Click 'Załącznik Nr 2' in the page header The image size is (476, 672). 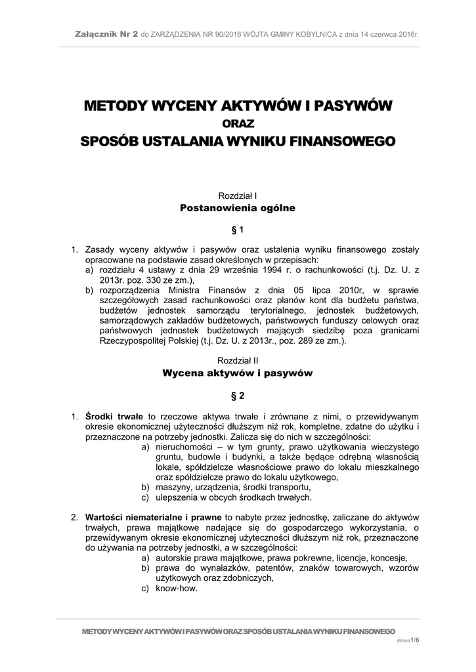pyautogui.click(x=106, y=33)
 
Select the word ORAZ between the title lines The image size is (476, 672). pyautogui.click(x=238, y=123)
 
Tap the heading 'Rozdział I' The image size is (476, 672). pyautogui.click(x=238, y=196)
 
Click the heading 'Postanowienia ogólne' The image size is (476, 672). pyautogui.click(x=238, y=208)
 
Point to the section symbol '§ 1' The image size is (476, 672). pyautogui.click(x=238, y=230)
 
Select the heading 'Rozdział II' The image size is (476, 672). pyautogui.click(x=238, y=360)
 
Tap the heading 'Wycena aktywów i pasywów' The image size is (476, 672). pyautogui.click(x=238, y=373)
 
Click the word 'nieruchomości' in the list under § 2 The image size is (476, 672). pyautogui.click(x=183, y=447)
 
